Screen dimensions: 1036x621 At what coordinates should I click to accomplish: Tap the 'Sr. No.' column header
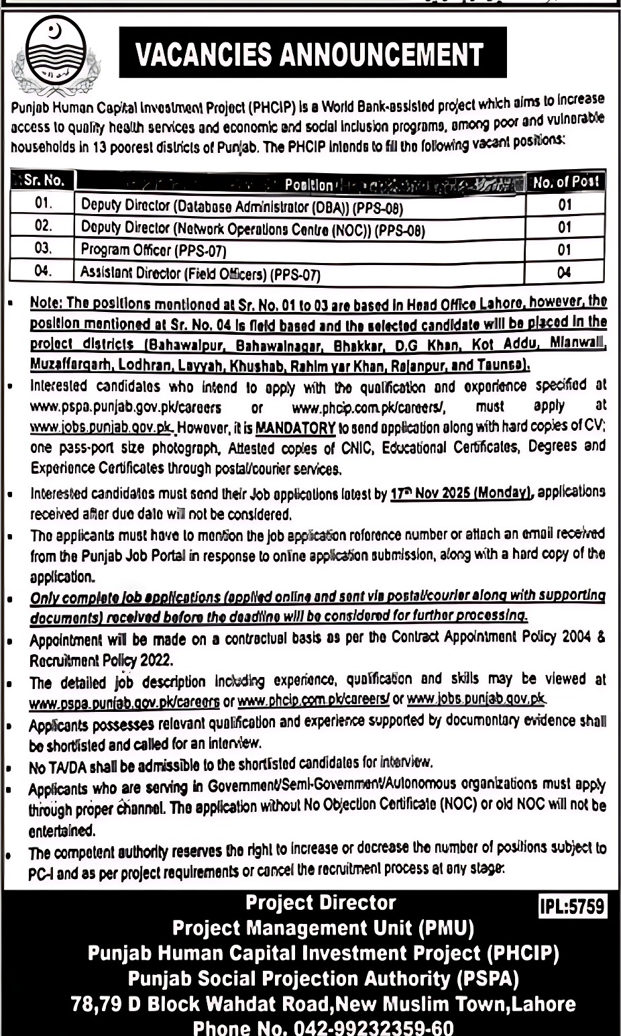point(43,180)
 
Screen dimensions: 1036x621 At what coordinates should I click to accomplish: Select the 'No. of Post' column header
point(565,181)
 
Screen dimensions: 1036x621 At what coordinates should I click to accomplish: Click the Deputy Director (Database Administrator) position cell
point(242,206)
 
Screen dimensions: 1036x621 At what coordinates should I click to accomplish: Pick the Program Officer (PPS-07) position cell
point(154,250)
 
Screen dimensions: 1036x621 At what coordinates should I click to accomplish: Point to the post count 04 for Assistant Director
point(565,272)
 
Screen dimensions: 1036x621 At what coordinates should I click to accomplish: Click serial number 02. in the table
point(43,226)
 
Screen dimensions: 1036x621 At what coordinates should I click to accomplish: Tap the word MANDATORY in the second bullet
point(296,427)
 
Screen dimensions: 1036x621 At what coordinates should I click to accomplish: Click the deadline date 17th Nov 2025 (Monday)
point(461,493)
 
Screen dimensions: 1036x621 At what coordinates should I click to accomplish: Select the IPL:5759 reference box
point(572,907)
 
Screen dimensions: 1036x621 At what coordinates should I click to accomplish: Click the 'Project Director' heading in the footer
point(321,903)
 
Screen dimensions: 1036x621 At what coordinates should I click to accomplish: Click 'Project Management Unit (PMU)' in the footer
point(323,928)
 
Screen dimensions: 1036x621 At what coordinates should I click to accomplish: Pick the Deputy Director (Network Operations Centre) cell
point(253,229)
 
